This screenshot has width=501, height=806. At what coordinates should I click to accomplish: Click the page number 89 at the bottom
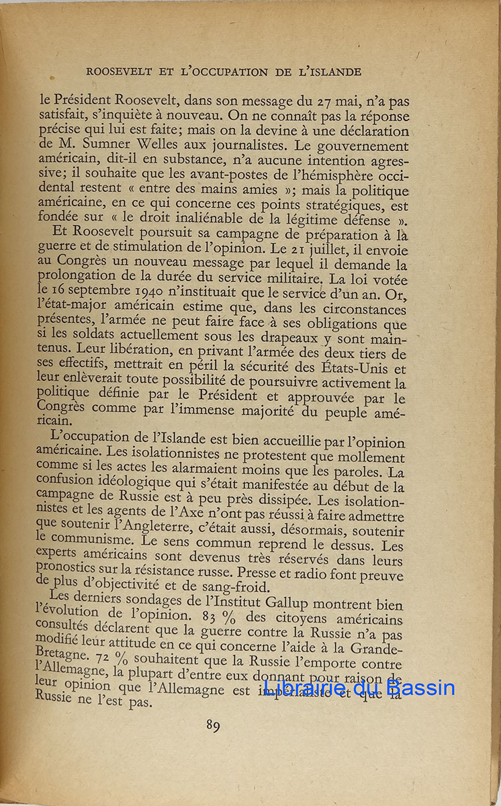pyautogui.click(x=214, y=726)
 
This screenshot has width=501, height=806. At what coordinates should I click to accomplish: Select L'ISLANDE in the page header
pyautogui.click(x=328, y=71)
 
